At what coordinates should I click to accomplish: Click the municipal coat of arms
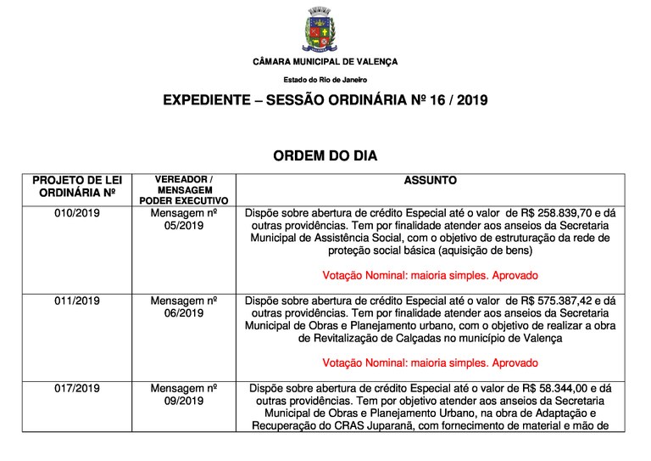pos(325,31)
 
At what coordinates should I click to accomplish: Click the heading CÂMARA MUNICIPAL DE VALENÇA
pos(325,62)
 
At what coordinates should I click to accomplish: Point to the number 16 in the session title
pos(439,101)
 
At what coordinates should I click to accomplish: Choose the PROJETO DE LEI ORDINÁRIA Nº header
pos(77,187)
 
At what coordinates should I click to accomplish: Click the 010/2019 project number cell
pos(77,213)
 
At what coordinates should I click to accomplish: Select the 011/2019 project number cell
pos(77,301)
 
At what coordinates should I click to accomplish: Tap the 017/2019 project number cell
pos(77,388)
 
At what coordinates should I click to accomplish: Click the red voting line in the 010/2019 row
pos(430,276)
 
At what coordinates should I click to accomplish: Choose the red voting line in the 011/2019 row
pos(430,363)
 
